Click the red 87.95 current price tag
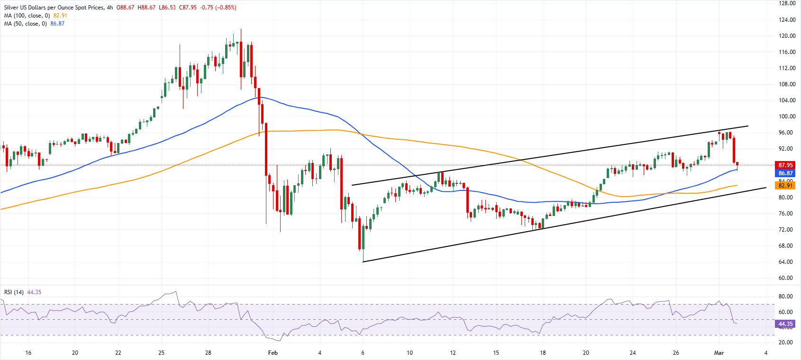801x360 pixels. point(785,165)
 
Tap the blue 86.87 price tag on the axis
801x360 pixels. point(785,173)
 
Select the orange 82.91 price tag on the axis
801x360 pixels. point(785,185)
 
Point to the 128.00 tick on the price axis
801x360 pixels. point(787,3)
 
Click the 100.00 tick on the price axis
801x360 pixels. point(787,117)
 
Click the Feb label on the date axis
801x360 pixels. point(273,353)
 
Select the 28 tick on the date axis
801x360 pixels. point(208,353)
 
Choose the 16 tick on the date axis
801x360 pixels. point(28,353)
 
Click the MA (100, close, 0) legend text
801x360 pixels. point(27,16)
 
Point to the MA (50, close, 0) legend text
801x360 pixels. point(26,24)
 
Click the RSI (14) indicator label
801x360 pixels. point(14,292)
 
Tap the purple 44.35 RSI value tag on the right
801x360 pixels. point(785,324)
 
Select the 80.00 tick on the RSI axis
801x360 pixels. point(785,297)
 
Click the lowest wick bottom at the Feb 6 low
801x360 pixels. point(363,261)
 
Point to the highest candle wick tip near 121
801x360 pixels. point(241,30)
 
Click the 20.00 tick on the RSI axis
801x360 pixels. point(785,342)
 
